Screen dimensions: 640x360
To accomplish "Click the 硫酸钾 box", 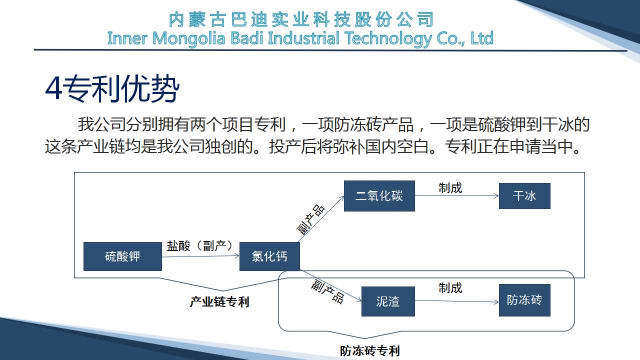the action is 122,256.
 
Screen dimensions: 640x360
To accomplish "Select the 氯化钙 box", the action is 269,256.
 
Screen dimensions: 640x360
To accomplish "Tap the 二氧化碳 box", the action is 379,196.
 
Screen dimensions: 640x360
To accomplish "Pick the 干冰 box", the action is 524,196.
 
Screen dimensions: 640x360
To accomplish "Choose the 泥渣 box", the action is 388,301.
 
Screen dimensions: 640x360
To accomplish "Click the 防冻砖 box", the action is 524,300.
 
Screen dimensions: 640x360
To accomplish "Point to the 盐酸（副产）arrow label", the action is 200,246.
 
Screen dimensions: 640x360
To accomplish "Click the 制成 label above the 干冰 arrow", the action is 450,188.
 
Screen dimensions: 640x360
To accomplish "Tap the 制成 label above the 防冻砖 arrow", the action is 450,288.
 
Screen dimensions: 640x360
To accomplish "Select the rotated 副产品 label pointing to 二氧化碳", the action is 310,219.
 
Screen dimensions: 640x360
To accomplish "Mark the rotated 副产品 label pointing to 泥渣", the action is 327,291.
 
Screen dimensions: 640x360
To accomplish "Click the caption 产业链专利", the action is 219,302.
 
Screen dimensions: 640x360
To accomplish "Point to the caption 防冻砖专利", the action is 369,351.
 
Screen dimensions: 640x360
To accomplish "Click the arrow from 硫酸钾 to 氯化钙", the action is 200,256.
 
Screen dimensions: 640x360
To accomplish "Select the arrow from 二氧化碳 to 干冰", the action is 457,195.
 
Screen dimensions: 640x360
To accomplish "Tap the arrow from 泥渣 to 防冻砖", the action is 457,301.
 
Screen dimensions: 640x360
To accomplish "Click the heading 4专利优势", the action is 112,88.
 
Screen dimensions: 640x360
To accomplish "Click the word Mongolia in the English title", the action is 189,39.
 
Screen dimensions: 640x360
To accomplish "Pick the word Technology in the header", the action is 388,39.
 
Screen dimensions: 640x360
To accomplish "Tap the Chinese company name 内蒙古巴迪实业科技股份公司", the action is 301,19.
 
